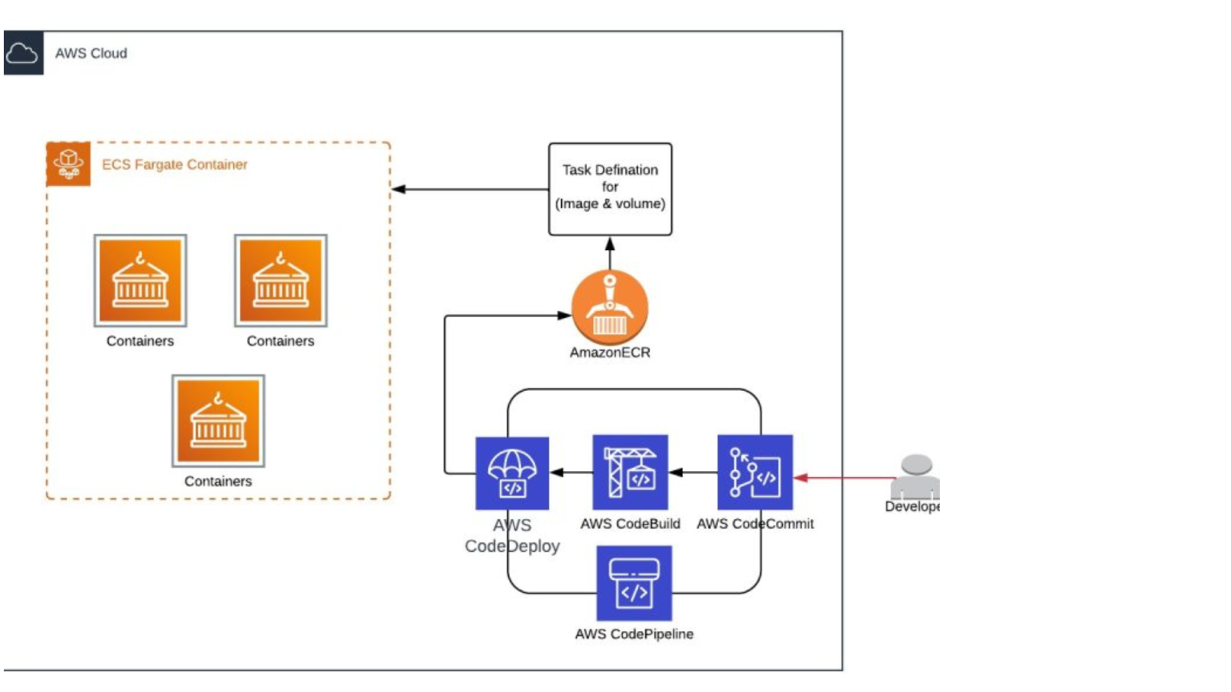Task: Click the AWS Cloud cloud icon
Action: pos(22,54)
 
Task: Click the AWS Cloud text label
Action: pos(91,54)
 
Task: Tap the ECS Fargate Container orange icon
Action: pos(68,163)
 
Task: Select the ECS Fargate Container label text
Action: pos(174,164)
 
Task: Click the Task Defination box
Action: pos(610,189)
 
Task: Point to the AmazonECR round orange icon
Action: pos(609,307)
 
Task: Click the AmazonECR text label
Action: pos(610,352)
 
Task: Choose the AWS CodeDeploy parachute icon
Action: pos(512,473)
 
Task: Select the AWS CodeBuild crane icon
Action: pos(630,473)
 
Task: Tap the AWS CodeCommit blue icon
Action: pos(755,473)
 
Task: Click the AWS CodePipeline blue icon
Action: pos(634,583)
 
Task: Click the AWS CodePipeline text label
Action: pos(634,634)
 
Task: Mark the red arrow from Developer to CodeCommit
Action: pos(846,478)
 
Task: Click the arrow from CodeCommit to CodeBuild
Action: pos(692,473)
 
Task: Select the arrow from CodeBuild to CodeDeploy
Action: pos(571,473)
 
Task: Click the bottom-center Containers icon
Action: pos(218,421)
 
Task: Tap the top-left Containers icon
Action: pos(140,281)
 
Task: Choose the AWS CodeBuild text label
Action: pos(630,524)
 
